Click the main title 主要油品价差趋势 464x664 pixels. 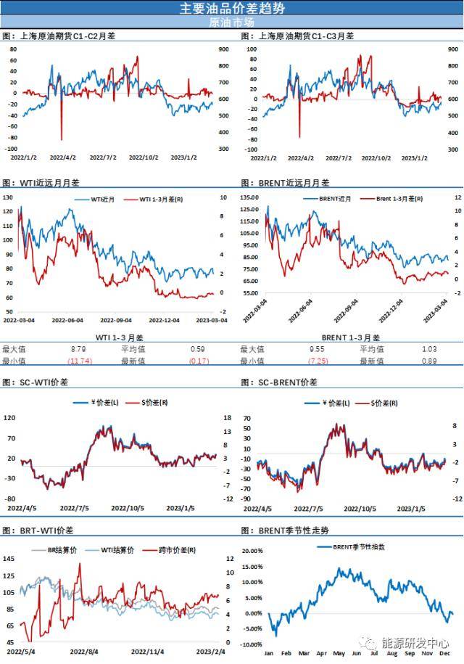(x=232, y=8)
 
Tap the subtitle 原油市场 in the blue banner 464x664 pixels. (x=232, y=22)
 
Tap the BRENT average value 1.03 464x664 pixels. (x=430, y=349)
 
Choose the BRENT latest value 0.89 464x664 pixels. (x=429, y=360)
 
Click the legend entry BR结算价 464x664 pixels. (x=60, y=551)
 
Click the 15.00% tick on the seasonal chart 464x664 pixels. (x=251, y=566)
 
